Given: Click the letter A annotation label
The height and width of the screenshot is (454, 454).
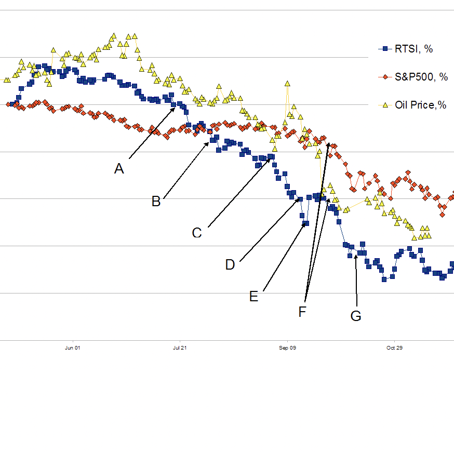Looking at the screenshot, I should click(x=119, y=169).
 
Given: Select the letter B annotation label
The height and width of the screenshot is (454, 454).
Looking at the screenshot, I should click(x=156, y=202).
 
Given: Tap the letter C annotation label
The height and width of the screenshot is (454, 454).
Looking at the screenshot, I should click(x=197, y=233).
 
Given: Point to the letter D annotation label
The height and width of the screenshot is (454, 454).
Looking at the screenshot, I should click(x=230, y=265).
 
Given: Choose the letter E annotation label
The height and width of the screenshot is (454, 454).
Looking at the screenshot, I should click(x=253, y=297).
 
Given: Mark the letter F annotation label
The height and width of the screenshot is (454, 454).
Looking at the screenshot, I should click(x=303, y=312).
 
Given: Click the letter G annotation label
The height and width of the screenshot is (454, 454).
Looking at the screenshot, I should click(x=356, y=316).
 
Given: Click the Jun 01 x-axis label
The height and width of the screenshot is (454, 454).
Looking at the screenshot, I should click(x=72, y=348).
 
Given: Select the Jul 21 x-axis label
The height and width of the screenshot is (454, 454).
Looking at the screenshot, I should click(x=179, y=348).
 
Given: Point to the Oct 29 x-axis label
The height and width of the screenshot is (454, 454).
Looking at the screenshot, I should click(x=394, y=348).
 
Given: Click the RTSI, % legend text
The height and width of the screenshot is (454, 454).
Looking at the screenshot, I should click(x=414, y=49).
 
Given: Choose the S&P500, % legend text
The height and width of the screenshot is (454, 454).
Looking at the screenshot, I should click(x=421, y=77).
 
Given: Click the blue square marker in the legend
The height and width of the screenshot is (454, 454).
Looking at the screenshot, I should click(x=385, y=49).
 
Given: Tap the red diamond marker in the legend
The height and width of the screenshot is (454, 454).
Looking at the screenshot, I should click(x=385, y=77).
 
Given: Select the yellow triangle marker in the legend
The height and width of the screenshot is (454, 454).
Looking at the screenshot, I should click(x=385, y=105).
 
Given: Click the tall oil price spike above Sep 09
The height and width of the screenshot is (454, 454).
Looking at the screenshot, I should click(x=287, y=84).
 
